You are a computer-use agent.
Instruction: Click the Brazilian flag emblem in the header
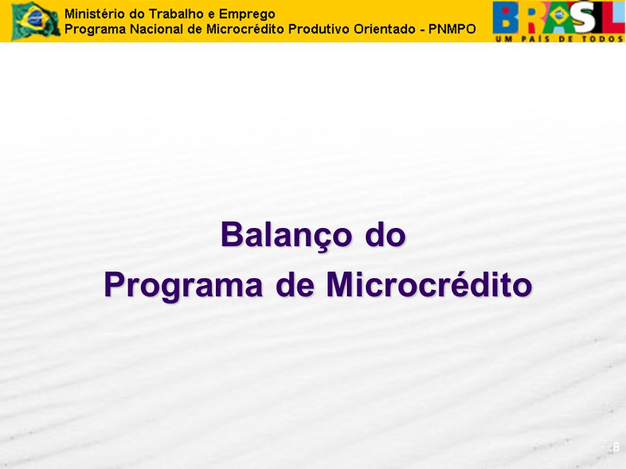point(36,21)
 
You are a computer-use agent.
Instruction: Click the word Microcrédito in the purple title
point(429,285)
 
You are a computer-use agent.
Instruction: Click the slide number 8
point(616,447)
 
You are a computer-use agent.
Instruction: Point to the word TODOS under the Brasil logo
point(602,38)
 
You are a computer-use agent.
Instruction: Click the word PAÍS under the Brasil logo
point(537,38)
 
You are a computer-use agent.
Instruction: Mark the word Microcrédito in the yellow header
point(245,29)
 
